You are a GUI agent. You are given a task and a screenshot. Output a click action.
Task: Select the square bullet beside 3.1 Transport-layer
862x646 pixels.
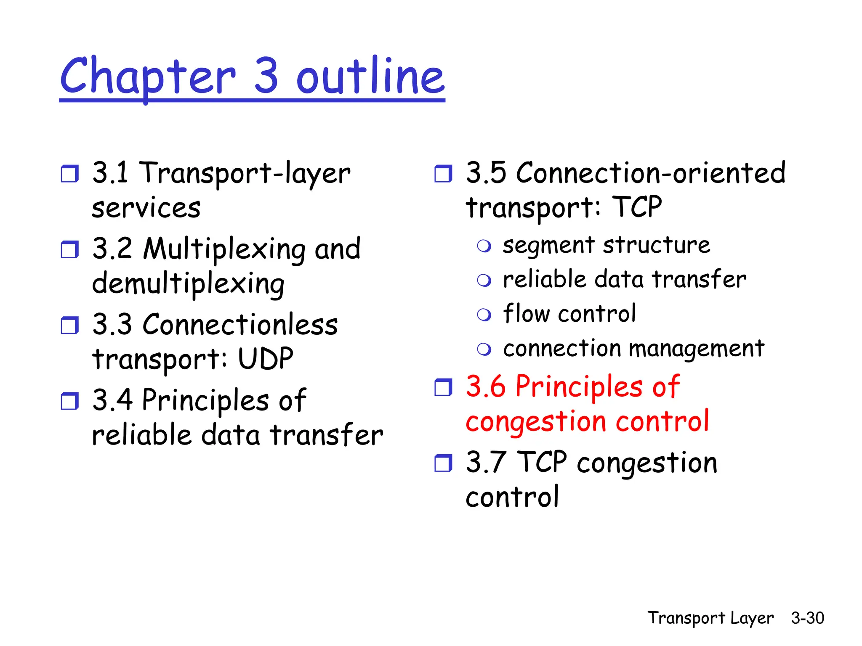tap(69, 174)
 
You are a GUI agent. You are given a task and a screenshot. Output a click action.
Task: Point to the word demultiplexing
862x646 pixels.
tap(188, 283)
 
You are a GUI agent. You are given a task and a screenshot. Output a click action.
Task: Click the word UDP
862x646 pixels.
tap(265, 359)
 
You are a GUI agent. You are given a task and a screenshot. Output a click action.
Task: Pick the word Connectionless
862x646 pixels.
tap(240, 324)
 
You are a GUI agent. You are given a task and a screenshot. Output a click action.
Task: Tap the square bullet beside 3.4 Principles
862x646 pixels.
tap(69, 401)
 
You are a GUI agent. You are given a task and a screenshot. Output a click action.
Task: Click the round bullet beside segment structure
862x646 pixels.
tap(484, 246)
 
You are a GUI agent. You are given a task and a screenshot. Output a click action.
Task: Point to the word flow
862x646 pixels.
tap(526, 313)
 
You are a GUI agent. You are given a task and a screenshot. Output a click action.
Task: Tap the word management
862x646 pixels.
tap(696, 349)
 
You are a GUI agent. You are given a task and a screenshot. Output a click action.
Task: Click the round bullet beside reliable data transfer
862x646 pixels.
tap(484, 281)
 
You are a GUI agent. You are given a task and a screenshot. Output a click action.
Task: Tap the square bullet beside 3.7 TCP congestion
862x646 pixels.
tap(443, 463)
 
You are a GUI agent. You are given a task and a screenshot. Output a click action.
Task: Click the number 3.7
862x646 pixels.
tap(486, 462)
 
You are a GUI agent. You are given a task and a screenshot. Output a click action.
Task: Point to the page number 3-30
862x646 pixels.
tap(807, 618)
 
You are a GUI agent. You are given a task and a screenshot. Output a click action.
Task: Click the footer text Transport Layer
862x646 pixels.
tap(710, 618)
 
